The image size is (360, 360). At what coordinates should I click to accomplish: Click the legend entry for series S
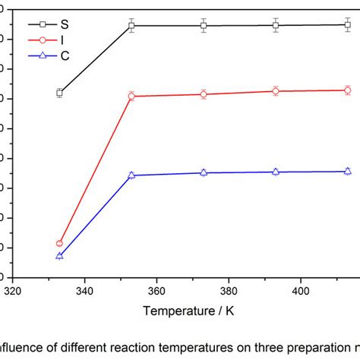[53, 24]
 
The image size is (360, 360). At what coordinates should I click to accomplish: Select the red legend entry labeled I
[53, 40]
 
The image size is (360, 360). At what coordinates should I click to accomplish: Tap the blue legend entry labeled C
[53, 57]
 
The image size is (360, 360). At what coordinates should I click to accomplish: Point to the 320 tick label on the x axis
[13, 290]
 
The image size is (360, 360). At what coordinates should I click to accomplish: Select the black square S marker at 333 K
[59, 93]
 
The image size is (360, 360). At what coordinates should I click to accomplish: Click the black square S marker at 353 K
[131, 26]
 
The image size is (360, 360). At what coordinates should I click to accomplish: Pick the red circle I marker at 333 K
[59, 243]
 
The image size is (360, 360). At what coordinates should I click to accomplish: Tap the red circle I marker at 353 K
[131, 96]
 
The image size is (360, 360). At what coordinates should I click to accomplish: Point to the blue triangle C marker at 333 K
[59, 256]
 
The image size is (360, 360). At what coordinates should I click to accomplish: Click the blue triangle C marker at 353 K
[131, 175]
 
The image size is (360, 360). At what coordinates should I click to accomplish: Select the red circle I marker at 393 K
[275, 91]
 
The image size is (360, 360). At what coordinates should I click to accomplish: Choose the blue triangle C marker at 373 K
[204, 172]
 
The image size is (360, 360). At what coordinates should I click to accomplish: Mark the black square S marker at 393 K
[275, 25]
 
